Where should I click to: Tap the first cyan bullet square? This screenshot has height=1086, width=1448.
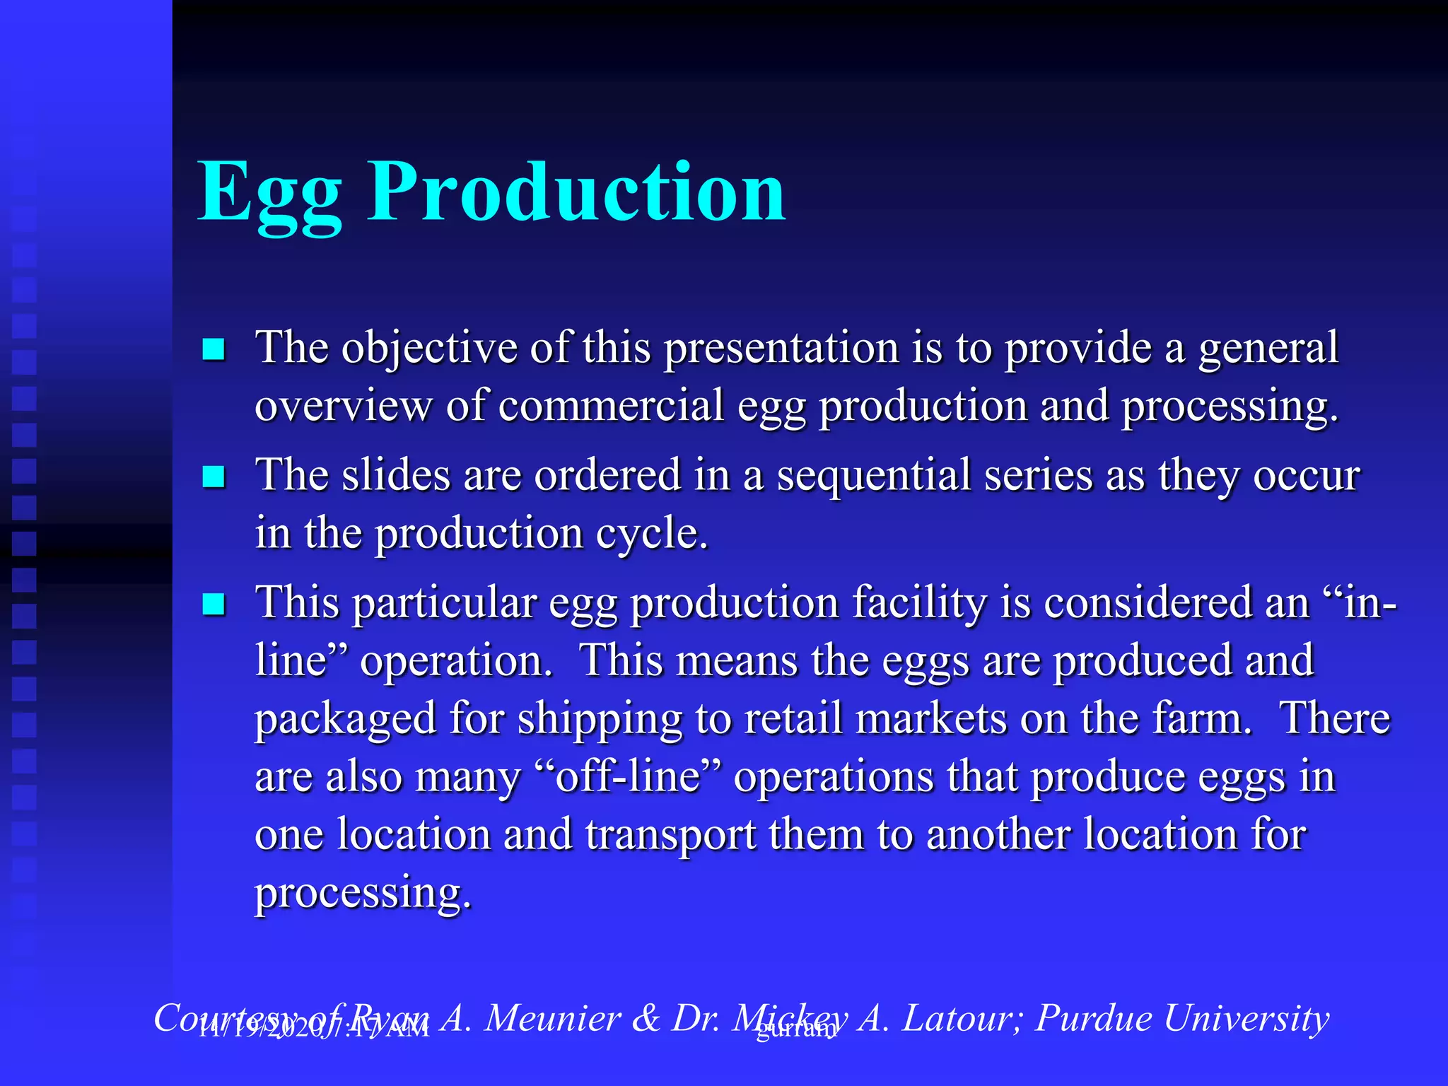click(x=214, y=349)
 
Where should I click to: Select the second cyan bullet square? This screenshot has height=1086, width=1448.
click(x=214, y=477)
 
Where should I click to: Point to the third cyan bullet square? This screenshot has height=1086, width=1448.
click(x=214, y=605)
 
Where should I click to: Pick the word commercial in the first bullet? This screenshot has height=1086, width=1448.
click(x=611, y=407)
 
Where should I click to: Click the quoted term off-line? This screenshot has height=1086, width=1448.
click(x=629, y=777)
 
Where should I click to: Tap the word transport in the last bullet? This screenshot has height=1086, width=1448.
click(x=670, y=835)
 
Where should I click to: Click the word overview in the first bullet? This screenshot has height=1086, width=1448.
click(x=343, y=407)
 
